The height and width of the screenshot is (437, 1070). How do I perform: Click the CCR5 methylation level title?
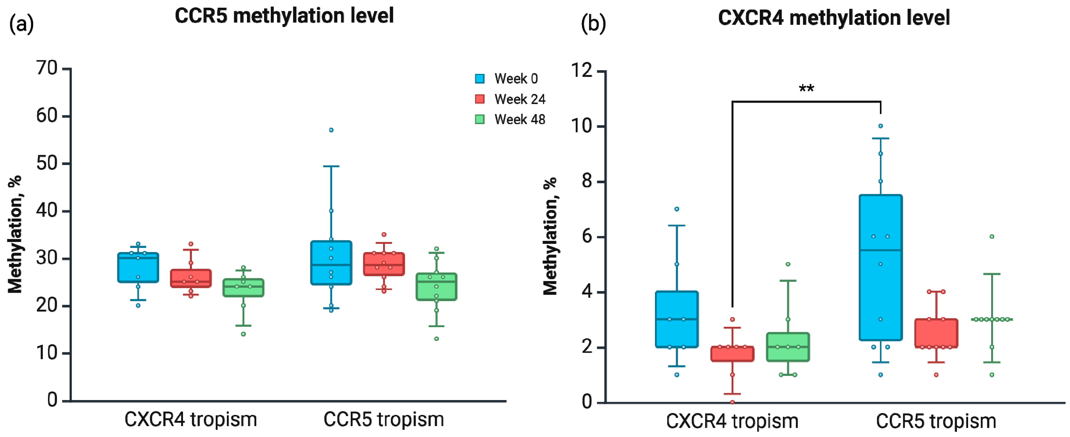point(284,16)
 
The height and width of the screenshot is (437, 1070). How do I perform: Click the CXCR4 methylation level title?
point(834,18)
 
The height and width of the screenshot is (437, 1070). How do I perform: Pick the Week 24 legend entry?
point(510,99)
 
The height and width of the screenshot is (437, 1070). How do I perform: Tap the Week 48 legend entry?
point(510,120)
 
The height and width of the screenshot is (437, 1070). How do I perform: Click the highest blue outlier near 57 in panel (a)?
point(331,130)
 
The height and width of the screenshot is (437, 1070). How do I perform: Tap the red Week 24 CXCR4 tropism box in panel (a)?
point(191,278)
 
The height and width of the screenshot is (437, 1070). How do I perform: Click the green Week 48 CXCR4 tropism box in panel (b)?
point(788,347)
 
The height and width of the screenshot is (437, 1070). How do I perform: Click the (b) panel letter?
point(593,24)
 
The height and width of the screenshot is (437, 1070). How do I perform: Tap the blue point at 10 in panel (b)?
point(880,126)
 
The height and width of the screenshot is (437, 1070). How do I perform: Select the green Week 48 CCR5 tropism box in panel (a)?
point(436,287)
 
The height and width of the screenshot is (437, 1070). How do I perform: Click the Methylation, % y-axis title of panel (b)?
point(550,236)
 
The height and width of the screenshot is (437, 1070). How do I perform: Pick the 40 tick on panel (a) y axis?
point(47,211)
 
